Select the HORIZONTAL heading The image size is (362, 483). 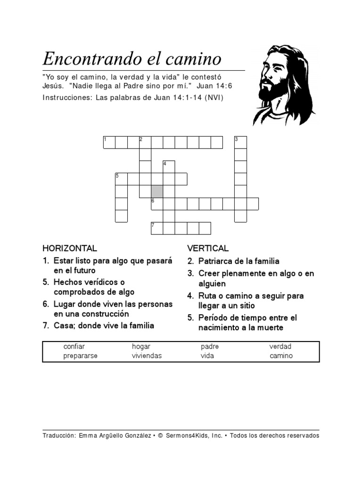(x=70, y=248)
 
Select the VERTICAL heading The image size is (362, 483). (x=208, y=248)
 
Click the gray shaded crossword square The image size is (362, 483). (x=157, y=192)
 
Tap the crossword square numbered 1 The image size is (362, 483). (x=109, y=142)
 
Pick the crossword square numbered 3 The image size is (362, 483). (x=240, y=142)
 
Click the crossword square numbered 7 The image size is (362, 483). (x=157, y=228)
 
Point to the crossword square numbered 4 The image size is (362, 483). (x=169, y=167)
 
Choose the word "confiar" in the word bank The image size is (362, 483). (x=74, y=347)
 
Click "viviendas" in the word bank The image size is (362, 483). (x=147, y=356)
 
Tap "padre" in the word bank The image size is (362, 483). (x=209, y=347)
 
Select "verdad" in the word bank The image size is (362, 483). (x=280, y=347)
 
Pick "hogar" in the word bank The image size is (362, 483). (x=141, y=347)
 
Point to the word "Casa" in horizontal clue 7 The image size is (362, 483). (x=63, y=325)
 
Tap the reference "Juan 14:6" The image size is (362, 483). (x=214, y=86)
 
